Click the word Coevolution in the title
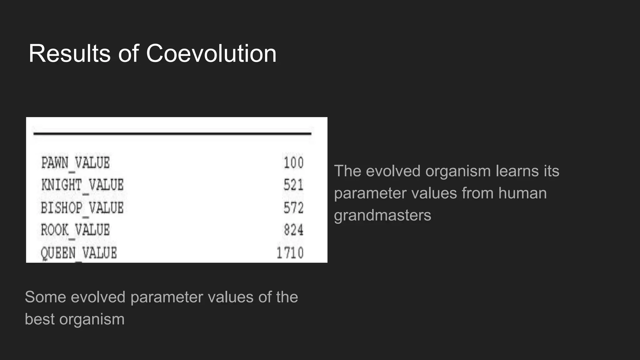211,53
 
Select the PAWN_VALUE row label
75,163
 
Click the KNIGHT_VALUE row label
82,185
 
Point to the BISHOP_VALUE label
82,208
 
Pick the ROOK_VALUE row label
75,230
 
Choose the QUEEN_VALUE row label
79,253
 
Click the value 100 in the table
293,163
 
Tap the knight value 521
293,185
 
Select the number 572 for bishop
293,208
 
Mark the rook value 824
293,230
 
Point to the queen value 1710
290,253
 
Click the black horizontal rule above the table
172,133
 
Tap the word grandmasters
382,215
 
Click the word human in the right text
522,193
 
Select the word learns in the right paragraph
517,171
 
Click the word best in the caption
39,319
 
